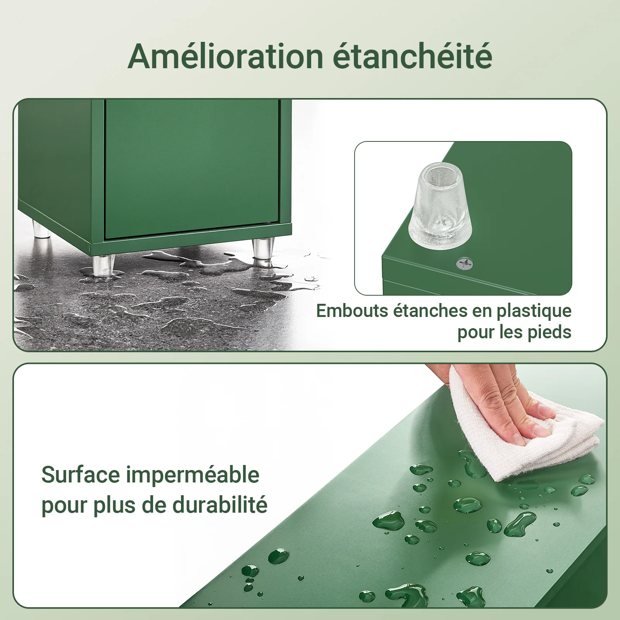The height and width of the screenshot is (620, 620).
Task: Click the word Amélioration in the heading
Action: point(225,57)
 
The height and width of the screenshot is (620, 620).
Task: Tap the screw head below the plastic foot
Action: point(464,265)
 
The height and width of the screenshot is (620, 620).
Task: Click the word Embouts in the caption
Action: point(352,311)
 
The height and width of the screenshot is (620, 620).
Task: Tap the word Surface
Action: point(81,475)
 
